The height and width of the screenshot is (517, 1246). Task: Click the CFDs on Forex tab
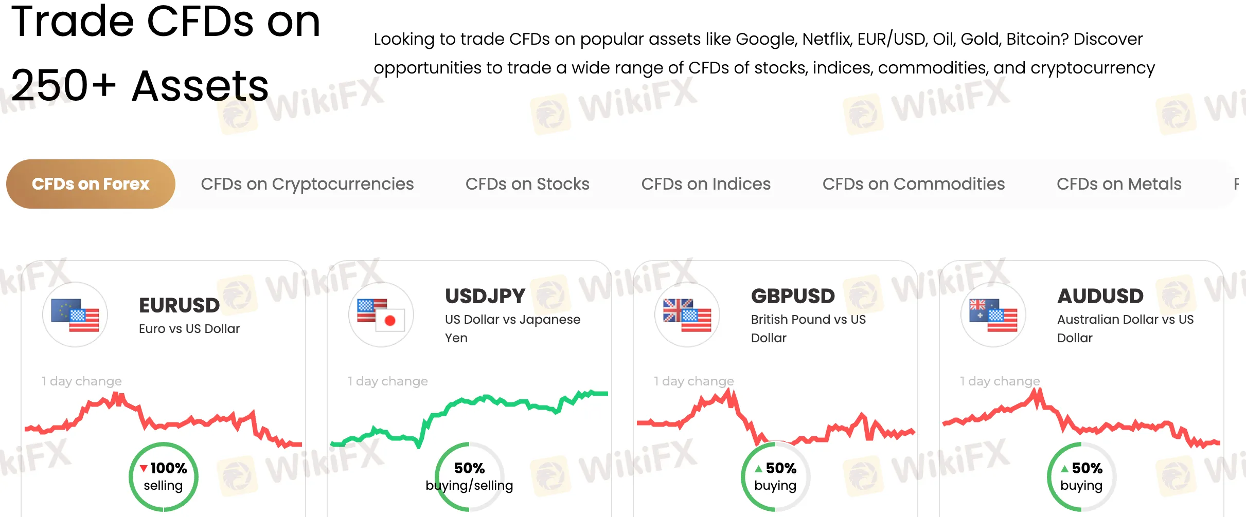(91, 184)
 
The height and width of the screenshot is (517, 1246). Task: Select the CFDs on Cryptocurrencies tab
(307, 184)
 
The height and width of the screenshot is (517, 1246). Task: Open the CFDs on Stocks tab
(527, 184)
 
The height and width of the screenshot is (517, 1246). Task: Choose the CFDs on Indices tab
(706, 184)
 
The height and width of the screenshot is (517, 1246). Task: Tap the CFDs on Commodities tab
(913, 184)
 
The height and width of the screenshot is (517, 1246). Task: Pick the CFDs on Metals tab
(1119, 184)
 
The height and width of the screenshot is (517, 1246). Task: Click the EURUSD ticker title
(180, 305)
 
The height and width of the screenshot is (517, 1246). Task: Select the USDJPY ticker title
(485, 296)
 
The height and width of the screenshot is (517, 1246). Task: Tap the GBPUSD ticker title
(793, 296)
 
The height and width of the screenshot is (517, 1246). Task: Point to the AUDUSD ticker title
(1100, 296)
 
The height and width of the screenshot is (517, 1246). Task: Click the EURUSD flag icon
(75, 315)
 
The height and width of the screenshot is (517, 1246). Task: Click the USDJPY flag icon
(381, 315)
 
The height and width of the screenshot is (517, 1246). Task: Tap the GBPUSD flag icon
(687, 315)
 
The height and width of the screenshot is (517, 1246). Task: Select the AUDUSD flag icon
(993, 315)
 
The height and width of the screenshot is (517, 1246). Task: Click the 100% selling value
(169, 468)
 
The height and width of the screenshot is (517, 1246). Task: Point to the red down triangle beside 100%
(144, 468)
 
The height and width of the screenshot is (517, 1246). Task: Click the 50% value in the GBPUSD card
(781, 468)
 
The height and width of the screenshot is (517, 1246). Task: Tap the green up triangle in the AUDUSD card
(1064, 469)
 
